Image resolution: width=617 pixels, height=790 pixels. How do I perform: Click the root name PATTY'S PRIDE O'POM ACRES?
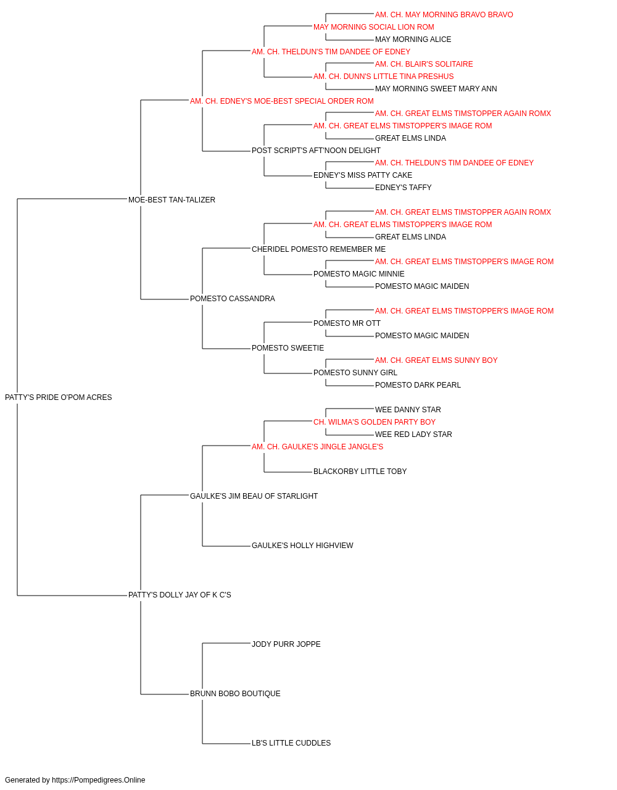[x=58, y=397]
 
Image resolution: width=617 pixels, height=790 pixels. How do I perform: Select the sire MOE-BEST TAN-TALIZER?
[x=172, y=200]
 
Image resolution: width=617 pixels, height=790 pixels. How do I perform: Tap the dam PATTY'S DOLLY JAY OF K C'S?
[x=180, y=595]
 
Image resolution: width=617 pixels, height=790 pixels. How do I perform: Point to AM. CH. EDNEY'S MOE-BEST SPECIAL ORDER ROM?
[x=281, y=101]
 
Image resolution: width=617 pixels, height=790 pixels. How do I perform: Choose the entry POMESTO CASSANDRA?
[x=232, y=299]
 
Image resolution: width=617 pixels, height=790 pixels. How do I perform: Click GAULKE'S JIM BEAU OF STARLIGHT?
[x=254, y=496]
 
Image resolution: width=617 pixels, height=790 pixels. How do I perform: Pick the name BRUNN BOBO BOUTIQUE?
[x=235, y=694]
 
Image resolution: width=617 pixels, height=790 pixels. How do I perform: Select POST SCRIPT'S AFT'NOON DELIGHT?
[x=316, y=151]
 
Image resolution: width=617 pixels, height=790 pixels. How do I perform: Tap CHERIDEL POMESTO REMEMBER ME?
[x=318, y=249]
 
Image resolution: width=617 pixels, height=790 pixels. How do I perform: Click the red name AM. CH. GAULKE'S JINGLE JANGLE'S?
[x=317, y=447]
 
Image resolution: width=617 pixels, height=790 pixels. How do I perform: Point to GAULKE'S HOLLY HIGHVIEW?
[x=302, y=546]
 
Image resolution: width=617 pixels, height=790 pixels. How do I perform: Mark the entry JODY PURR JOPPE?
[x=286, y=644]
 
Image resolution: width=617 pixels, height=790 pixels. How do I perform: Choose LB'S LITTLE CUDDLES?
[x=291, y=743]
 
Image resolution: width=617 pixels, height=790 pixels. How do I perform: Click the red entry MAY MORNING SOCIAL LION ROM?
[x=373, y=27]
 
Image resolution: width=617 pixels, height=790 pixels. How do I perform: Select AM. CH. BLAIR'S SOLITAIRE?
[x=424, y=64]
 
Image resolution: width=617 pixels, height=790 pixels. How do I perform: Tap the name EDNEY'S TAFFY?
[x=403, y=188]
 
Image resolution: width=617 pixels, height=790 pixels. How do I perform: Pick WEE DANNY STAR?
[x=408, y=410]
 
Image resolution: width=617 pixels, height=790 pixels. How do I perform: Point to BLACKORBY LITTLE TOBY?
[x=360, y=472]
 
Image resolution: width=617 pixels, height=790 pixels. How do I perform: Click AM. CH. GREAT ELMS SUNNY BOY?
[x=436, y=360]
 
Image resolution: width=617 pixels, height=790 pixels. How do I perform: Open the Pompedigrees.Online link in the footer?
[x=99, y=780]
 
